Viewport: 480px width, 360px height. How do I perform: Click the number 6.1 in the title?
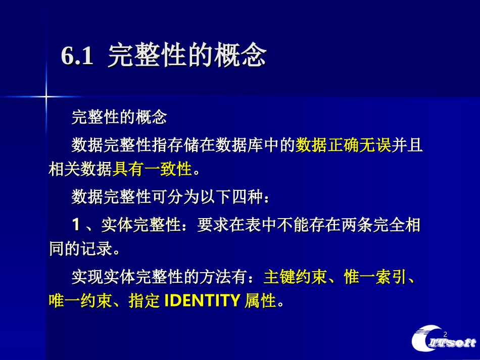point(77,57)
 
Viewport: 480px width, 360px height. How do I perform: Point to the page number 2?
point(445,335)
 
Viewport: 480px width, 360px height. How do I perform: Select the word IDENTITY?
point(202,301)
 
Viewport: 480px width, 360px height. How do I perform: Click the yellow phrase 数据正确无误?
point(344,146)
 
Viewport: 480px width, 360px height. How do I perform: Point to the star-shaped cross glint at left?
point(46,95)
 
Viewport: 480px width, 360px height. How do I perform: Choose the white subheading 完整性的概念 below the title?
point(119,118)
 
